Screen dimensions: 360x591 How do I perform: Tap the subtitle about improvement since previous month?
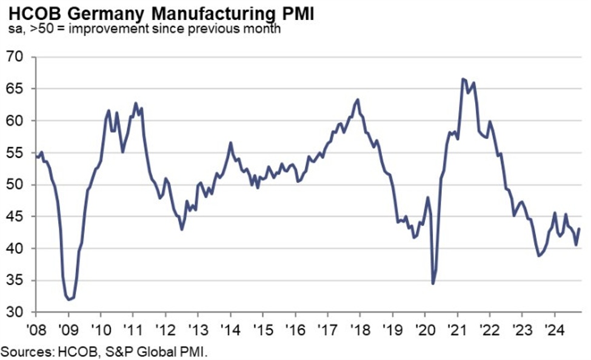tap(144, 29)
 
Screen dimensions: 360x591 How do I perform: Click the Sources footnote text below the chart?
tap(104, 350)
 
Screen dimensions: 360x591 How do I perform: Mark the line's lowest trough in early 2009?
tap(69, 299)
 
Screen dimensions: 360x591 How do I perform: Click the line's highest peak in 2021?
tap(462, 79)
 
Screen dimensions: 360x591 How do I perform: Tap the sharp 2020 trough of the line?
tap(433, 284)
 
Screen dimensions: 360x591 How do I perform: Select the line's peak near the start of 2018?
tap(358, 99)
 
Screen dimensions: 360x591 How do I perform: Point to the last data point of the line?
tap(579, 228)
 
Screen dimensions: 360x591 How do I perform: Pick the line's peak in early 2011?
tap(136, 103)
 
